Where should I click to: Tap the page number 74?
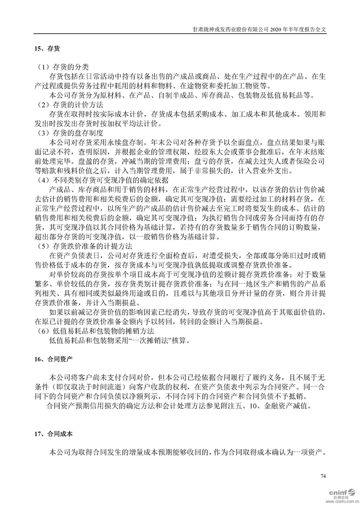coord(323,475)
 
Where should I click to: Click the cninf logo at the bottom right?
coord(336,491)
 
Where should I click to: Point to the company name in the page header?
coord(231,28)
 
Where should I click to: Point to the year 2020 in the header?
coord(278,28)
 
